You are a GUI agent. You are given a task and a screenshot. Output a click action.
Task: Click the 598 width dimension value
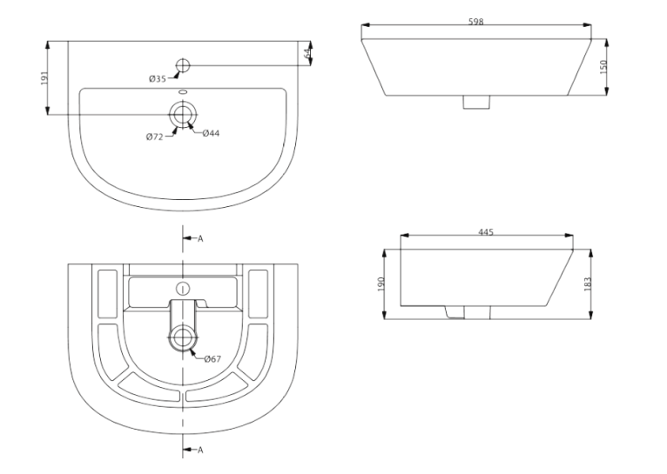[x=476, y=21]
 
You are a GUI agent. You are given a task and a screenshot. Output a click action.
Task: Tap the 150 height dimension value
[x=603, y=67]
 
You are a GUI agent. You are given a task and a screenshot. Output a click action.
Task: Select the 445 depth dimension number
[x=486, y=232]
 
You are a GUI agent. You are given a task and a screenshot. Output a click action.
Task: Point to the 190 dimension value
[x=381, y=284]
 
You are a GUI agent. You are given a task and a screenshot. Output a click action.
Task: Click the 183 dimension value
[x=588, y=284]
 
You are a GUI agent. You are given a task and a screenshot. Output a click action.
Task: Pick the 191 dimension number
[x=44, y=78]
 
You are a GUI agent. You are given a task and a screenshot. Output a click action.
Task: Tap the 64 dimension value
[x=307, y=54]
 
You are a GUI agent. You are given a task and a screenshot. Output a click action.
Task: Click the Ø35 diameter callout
[x=158, y=79]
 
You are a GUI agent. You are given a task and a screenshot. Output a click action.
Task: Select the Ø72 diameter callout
[x=154, y=137]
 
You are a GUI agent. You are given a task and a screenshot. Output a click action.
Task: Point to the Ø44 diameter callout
[x=211, y=133]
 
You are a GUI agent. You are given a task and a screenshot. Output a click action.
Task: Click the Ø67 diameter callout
[x=212, y=359]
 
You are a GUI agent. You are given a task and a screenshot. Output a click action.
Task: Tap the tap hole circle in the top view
[x=183, y=65]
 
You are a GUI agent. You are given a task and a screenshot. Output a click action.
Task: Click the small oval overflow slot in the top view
[x=183, y=91]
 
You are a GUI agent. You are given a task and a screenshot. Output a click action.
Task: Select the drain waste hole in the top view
[x=183, y=114]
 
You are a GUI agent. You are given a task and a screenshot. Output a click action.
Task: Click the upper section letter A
[x=200, y=238]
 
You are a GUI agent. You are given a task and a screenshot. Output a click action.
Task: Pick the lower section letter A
[x=200, y=450]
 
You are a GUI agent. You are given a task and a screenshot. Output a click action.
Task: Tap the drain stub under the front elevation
[x=476, y=102]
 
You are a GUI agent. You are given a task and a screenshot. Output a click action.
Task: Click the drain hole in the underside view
[x=183, y=337]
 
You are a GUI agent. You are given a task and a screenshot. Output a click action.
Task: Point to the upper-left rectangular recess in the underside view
[x=108, y=293]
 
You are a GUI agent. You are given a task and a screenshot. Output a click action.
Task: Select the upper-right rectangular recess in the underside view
[x=259, y=293]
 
